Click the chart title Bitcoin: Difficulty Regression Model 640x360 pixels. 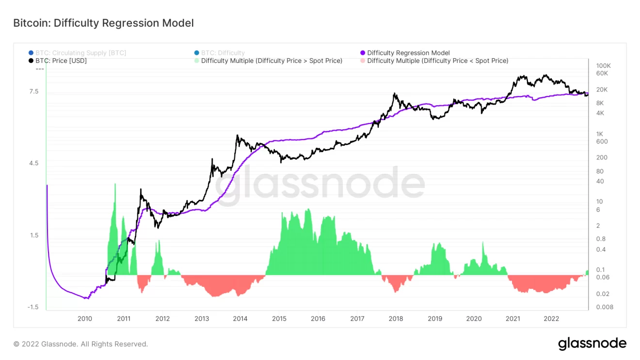(103, 23)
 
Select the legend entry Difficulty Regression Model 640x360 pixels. (408, 53)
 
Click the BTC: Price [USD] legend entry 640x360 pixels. (61, 61)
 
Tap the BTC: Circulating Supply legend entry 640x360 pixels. (80, 53)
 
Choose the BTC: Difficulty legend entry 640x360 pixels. (223, 53)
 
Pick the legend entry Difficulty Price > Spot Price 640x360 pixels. (272, 61)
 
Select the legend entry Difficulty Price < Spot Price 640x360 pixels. (437, 61)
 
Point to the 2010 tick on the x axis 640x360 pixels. (85, 318)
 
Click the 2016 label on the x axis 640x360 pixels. (318, 318)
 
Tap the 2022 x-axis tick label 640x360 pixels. (551, 318)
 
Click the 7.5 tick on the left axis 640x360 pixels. (34, 92)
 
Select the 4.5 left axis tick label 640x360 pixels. (34, 163)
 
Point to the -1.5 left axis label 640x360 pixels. (33, 307)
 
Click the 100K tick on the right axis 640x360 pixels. (604, 65)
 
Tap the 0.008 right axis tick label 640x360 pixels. (605, 307)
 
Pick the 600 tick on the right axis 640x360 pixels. (602, 141)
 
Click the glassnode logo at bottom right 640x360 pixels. (592, 344)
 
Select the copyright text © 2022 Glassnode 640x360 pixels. (80, 344)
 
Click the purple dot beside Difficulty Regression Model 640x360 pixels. (363, 53)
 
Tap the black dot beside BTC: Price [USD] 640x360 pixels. (31, 61)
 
